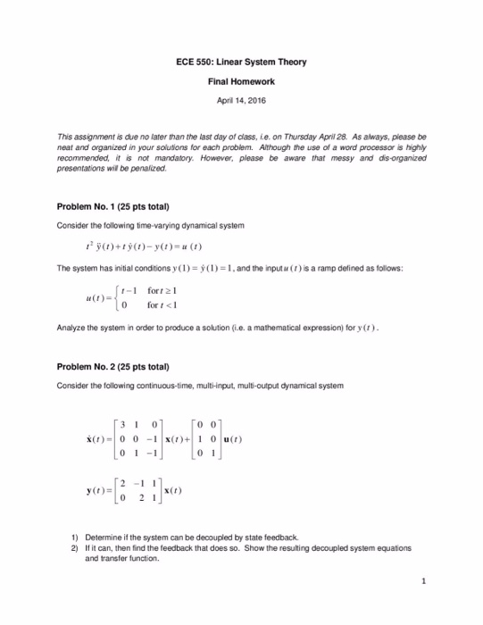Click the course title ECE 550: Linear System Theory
click(241, 62)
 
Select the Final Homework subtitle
click(241, 81)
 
